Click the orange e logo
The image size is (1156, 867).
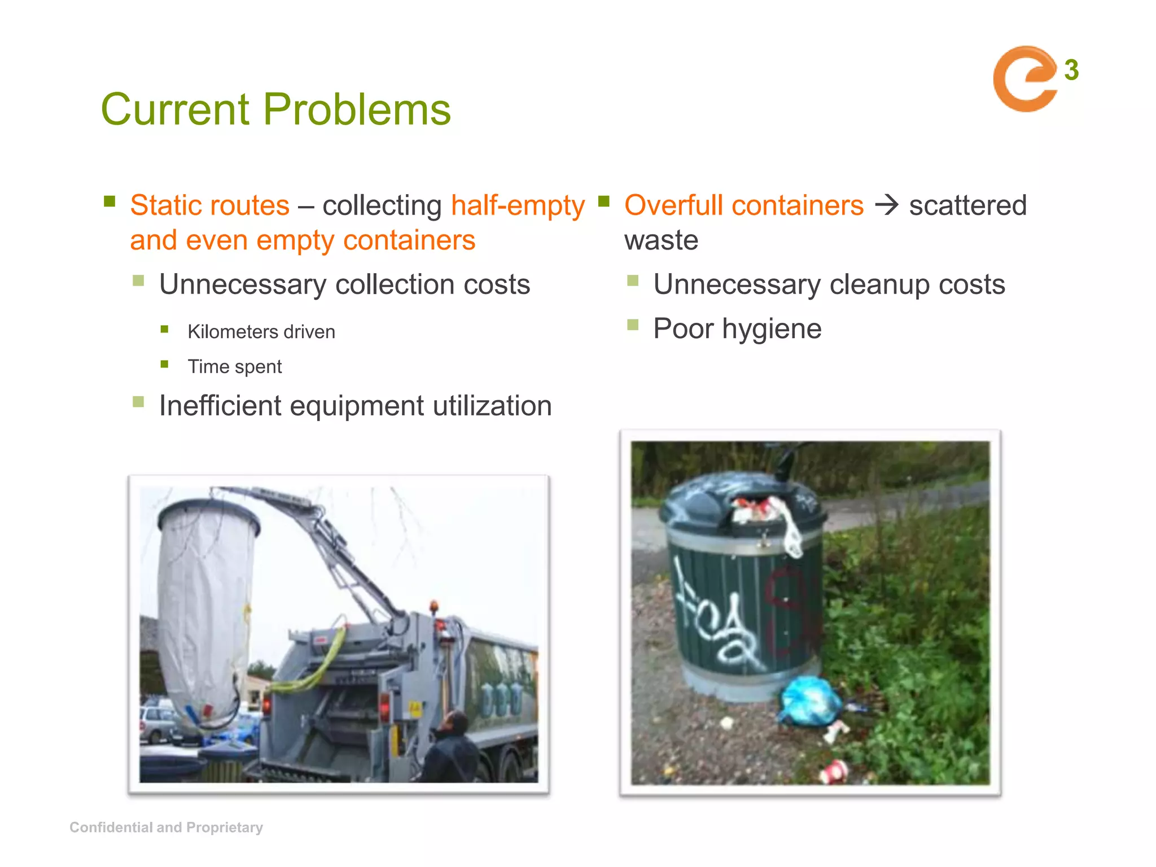pyautogui.click(x=1023, y=79)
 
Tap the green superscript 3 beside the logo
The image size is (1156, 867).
pyautogui.click(x=1071, y=71)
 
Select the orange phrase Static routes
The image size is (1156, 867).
pyautogui.click(x=209, y=205)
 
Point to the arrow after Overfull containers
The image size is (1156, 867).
pyautogui.click(x=886, y=204)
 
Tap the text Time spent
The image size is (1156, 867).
pyautogui.click(x=234, y=367)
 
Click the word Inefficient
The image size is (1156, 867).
pyautogui.click(x=220, y=406)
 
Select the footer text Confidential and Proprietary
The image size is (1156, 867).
pyautogui.click(x=166, y=827)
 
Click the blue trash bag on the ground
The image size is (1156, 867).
pyautogui.click(x=811, y=702)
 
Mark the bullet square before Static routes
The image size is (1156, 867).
pyautogui.click(x=110, y=202)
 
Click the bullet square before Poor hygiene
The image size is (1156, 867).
pyautogui.click(x=633, y=325)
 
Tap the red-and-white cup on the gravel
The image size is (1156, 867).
pyautogui.click(x=834, y=771)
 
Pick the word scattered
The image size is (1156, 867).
pyautogui.click(x=967, y=205)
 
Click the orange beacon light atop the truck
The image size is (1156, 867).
pyautogui.click(x=433, y=606)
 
